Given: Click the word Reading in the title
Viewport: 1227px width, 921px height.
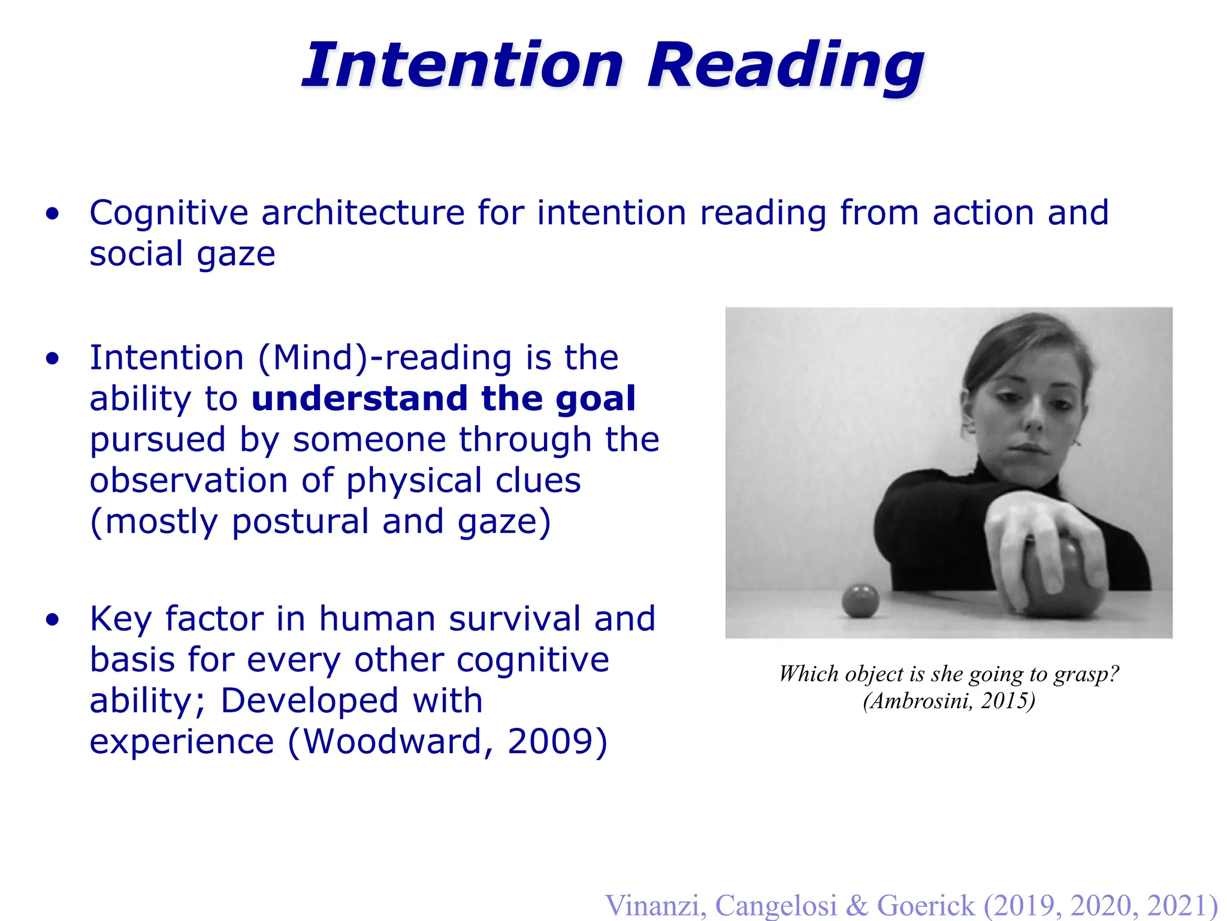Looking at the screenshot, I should [x=785, y=67].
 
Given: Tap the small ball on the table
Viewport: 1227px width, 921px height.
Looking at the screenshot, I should [x=860, y=600].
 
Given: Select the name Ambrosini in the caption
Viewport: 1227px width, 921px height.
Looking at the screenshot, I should [x=919, y=701].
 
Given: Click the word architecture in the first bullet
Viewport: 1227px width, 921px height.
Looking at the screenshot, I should [x=362, y=213].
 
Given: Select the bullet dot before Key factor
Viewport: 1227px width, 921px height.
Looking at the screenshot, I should [x=53, y=620].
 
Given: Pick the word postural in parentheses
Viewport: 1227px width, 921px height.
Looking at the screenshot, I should [x=300, y=522].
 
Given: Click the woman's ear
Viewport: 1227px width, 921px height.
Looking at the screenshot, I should [x=966, y=414].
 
